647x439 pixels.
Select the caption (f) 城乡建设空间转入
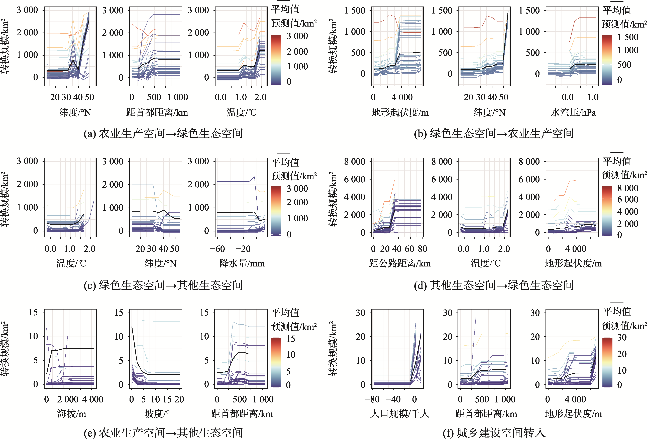(494, 433)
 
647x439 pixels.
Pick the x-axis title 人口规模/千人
(400, 414)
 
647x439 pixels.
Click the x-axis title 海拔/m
(72, 414)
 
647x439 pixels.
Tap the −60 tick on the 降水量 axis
(218, 249)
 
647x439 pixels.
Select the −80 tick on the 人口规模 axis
(372, 399)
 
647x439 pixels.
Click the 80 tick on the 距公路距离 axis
(422, 249)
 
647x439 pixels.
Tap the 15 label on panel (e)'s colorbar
(291, 339)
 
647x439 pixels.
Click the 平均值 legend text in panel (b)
(617, 11)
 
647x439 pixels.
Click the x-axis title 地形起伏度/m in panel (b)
(400, 112)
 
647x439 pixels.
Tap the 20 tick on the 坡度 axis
(179, 399)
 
